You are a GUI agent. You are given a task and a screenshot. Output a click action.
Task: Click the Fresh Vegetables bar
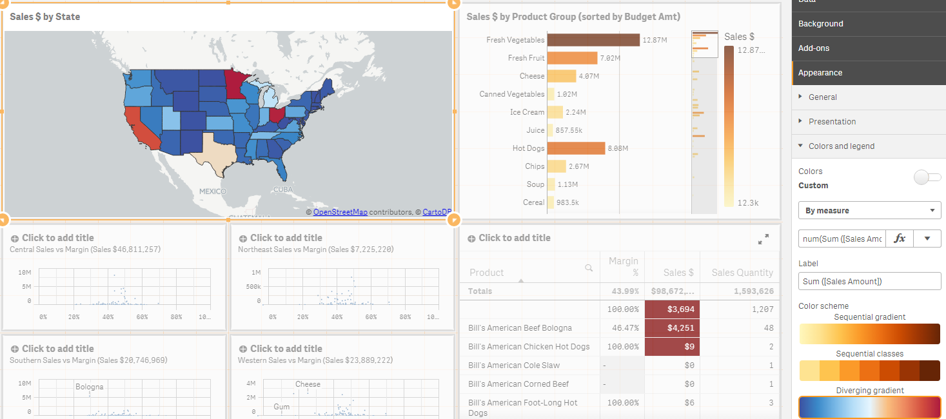click(593, 40)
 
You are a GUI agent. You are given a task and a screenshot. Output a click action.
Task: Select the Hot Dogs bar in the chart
click(576, 148)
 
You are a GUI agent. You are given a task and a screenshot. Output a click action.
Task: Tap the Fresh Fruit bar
click(572, 58)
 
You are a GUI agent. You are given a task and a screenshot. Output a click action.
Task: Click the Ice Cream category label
click(527, 112)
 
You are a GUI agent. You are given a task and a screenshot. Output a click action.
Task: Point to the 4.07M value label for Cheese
click(589, 76)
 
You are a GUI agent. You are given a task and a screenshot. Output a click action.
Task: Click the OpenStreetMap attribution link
click(340, 212)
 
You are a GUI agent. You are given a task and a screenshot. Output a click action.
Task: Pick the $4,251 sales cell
click(670, 327)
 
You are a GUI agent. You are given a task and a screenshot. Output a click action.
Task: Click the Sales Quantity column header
click(742, 273)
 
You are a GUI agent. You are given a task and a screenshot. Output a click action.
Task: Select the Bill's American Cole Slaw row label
click(514, 365)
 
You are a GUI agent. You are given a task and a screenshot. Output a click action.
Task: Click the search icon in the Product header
click(589, 268)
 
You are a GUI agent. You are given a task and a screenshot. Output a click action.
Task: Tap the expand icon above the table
click(764, 240)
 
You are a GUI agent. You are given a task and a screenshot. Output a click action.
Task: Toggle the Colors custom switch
click(927, 177)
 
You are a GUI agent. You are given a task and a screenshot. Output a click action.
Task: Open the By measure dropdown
click(869, 210)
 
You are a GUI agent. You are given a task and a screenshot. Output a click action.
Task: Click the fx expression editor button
click(900, 239)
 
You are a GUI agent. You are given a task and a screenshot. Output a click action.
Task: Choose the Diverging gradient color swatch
click(869, 407)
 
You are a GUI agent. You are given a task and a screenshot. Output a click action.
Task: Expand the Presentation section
click(832, 122)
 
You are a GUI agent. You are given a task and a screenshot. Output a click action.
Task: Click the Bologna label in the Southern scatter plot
click(89, 387)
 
